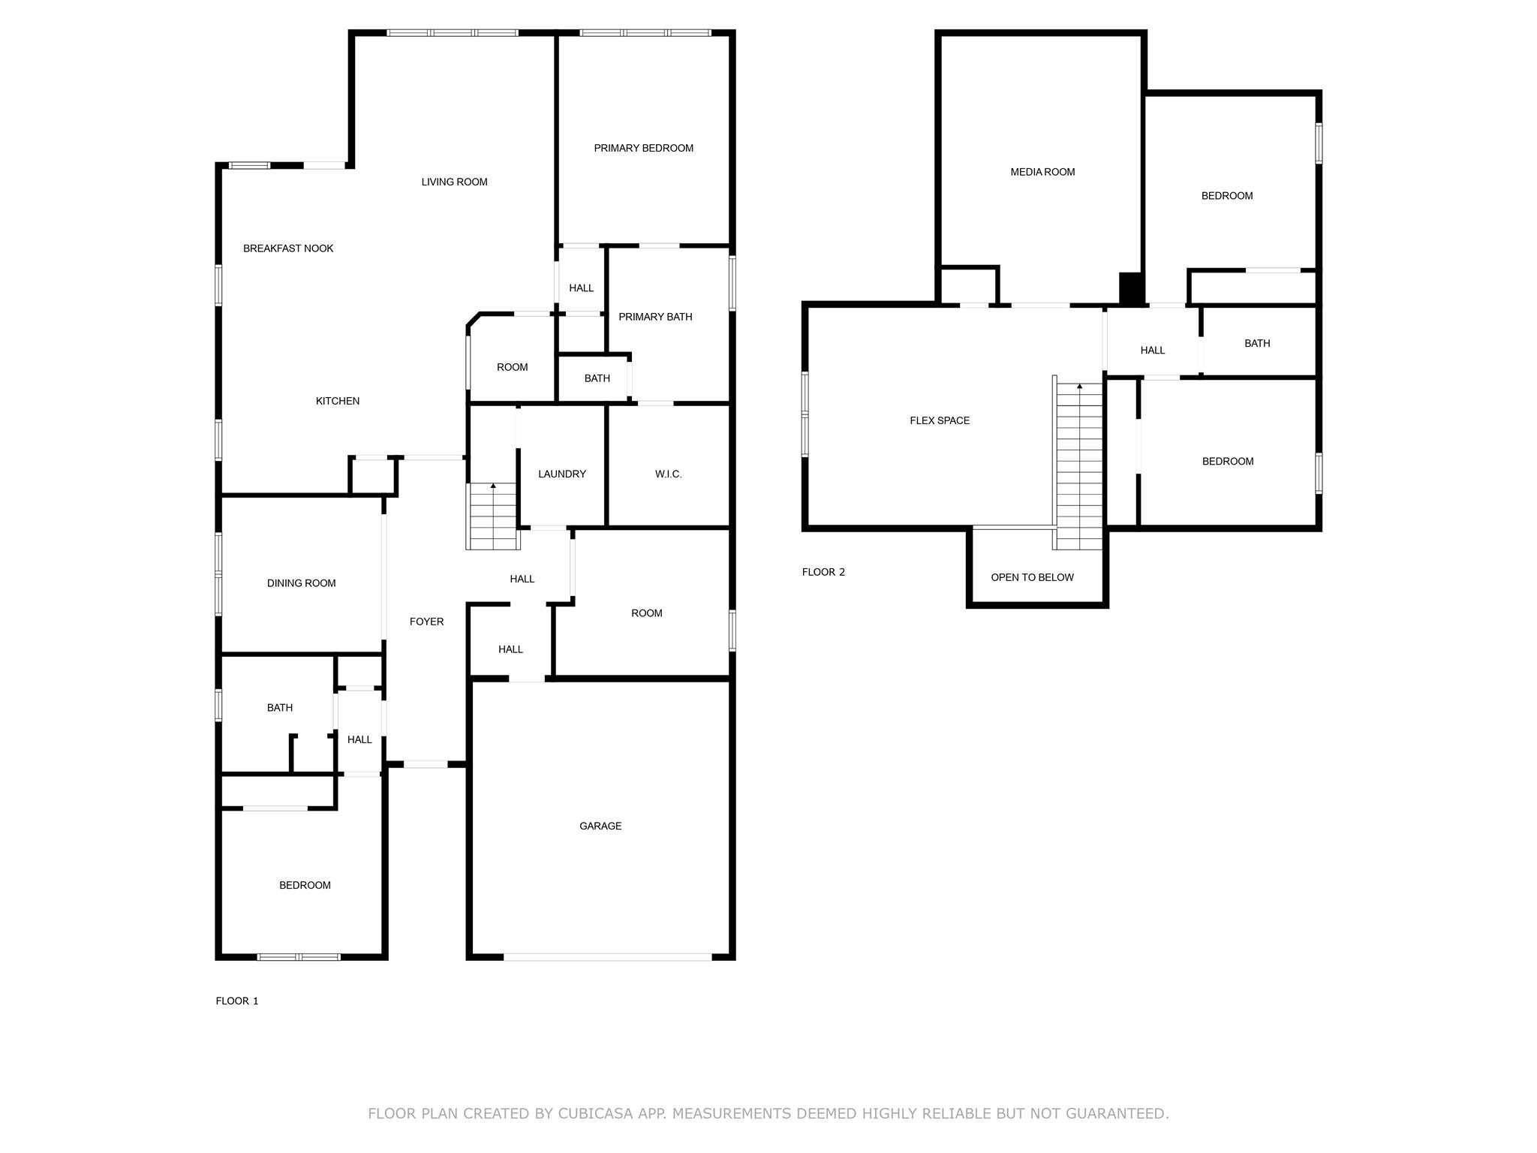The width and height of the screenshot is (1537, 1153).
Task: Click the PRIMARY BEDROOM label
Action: (x=643, y=148)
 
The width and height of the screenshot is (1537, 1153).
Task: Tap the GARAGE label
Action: (x=600, y=826)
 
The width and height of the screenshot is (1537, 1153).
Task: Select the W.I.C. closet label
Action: (x=668, y=474)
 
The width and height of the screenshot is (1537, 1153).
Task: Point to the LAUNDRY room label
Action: (x=562, y=474)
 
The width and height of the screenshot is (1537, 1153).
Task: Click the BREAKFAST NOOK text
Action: (x=288, y=248)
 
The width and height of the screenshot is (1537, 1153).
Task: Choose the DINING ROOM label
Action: (x=301, y=583)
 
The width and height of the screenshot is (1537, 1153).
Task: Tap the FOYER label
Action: (x=426, y=622)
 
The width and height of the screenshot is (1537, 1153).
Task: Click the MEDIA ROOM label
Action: (x=1042, y=172)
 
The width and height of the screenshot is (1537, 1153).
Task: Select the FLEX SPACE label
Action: (x=940, y=420)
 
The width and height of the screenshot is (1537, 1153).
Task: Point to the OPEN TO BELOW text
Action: (x=1032, y=577)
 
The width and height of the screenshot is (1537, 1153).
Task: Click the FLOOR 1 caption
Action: (x=237, y=1001)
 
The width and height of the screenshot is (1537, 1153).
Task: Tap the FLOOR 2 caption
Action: (x=823, y=572)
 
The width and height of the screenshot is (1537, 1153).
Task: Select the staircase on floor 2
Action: (x=1079, y=465)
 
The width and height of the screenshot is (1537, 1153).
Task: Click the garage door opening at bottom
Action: (x=606, y=957)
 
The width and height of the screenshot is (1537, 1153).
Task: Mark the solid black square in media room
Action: (x=1131, y=287)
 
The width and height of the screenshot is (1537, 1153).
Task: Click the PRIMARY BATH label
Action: (x=655, y=317)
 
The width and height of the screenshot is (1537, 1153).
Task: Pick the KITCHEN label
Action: (x=337, y=401)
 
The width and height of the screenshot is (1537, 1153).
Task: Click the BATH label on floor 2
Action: (x=1257, y=343)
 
